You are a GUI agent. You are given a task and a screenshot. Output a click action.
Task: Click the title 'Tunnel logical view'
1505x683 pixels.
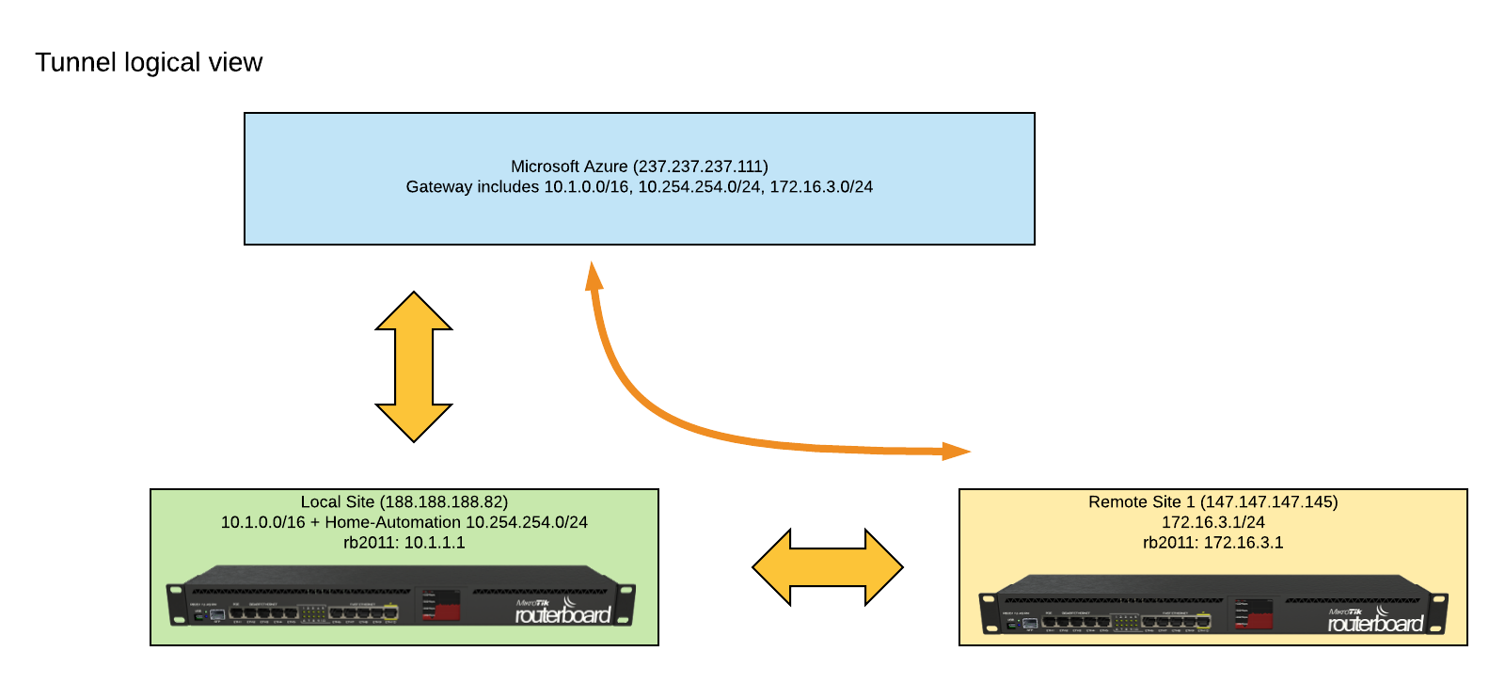(149, 62)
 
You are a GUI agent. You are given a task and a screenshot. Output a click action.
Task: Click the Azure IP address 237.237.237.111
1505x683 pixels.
(701, 167)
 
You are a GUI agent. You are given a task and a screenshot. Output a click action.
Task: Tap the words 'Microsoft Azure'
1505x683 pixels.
(568, 167)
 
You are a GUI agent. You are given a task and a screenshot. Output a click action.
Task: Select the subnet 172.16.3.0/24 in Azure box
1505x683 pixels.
(821, 187)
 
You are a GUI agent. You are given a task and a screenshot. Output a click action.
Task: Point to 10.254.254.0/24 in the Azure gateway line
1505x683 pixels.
(699, 187)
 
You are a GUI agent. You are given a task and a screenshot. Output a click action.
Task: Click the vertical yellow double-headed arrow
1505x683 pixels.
(414, 367)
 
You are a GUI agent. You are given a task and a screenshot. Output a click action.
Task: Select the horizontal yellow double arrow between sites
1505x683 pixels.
(828, 566)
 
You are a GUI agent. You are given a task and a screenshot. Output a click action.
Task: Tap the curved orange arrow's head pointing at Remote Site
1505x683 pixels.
(956, 452)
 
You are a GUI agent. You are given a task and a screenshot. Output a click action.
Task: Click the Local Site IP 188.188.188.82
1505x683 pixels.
(444, 502)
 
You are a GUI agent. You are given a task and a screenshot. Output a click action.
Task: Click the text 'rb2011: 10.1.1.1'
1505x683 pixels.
(404, 543)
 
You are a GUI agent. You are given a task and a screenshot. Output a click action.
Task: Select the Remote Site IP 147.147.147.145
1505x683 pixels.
(1269, 502)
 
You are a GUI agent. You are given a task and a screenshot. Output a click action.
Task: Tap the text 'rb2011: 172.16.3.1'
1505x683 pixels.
(1213, 543)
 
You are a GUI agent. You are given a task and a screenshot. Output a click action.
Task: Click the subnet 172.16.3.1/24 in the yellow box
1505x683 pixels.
(1213, 522)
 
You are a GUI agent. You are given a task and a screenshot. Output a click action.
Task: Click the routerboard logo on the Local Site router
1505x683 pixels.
(562, 613)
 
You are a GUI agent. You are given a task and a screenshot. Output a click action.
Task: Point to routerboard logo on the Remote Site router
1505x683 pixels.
(1374, 622)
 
